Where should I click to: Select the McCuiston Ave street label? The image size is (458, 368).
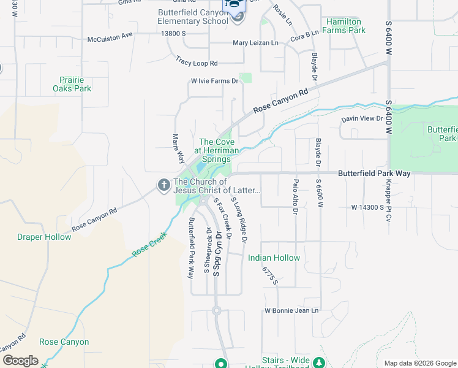pyautogui.click(x=110, y=35)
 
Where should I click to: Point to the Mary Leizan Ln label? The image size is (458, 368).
pyautogui.click(x=255, y=43)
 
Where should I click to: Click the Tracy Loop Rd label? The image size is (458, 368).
pyautogui.click(x=197, y=61)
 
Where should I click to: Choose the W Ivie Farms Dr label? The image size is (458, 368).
pyautogui.click(x=214, y=81)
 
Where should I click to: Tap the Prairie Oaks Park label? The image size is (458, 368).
pyautogui.click(x=75, y=84)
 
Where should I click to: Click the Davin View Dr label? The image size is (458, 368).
pyautogui.click(x=362, y=118)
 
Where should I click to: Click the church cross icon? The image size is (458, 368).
pyautogui.click(x=163, y=184)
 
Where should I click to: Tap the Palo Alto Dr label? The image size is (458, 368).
pyautogui.click(x=295, y=196)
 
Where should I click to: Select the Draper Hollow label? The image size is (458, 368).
pyautogui.click(x=44, y=237)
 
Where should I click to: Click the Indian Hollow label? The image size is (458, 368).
pyautogui.click(x=274, y=258)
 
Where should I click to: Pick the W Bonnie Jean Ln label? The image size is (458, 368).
pyautogui.click(x=291, y=311)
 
